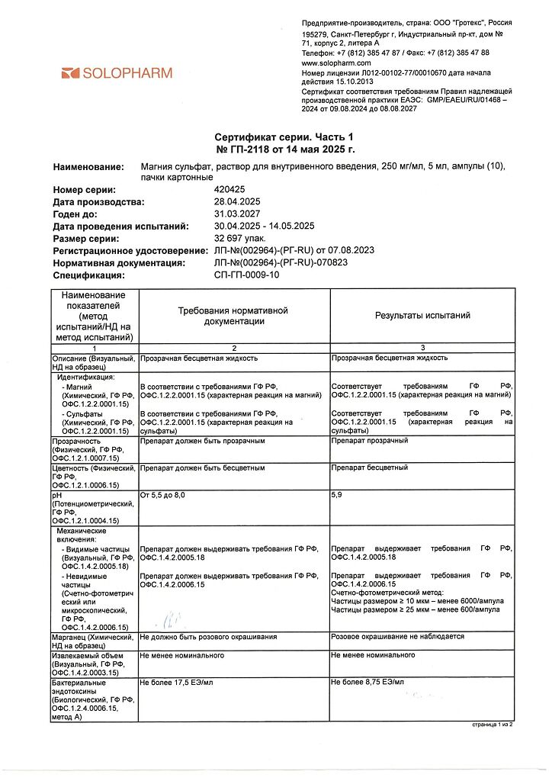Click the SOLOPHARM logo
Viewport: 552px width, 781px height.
pyautogui.click(x=117, y=73)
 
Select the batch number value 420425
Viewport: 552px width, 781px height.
pyautogui.click(x=231, y=189)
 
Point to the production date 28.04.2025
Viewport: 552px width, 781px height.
pyautogui.click(x=239, y=201)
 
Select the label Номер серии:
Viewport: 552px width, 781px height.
pyautogui.click(x=85, y=189)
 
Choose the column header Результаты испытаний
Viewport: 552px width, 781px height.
pyautogui.click(x=422, y=315)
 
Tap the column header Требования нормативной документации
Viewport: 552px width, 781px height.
pyautogui.click(x=233, y=316)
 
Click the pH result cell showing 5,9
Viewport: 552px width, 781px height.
pyautogui.click(x=337, y=495)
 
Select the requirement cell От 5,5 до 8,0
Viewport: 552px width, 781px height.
pyautogui.click(x=162, y=495)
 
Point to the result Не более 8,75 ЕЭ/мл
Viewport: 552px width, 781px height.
pyautogui.click(x=367, y=681)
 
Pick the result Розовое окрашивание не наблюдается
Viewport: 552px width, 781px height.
pyautogui.click(x=397, y=636)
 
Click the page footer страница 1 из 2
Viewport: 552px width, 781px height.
pyautogui.click(x=492, y=725)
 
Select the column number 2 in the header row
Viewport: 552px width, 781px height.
pyautogui.click(x=233, y=348)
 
